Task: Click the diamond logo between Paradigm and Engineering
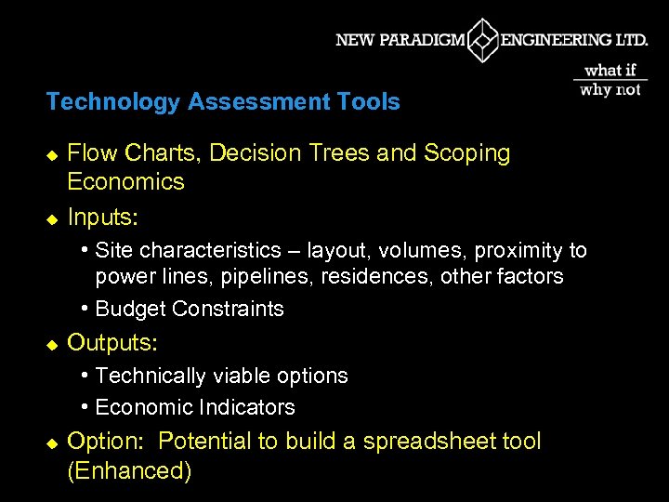483,40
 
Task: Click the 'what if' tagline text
610,71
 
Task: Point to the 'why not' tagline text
610,90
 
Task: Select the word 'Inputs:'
103,218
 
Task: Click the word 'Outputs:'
112,342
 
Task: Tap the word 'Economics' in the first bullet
126,181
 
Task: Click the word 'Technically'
153,376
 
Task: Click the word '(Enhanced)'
130,470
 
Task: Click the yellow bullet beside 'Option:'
52,443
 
